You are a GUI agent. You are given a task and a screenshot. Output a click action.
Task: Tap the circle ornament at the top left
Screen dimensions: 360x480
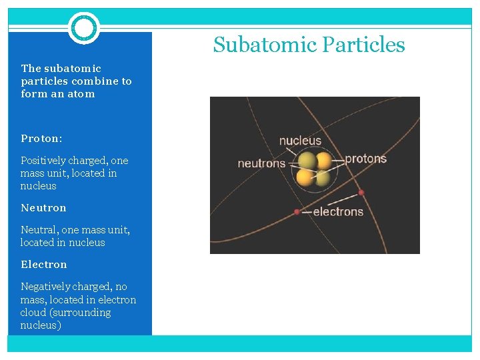84,28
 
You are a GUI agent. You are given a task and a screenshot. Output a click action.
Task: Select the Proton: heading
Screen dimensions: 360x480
41,139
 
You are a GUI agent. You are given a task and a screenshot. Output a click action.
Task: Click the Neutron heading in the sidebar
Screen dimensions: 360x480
43,208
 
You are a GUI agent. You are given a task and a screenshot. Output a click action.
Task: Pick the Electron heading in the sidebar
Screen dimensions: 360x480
44,265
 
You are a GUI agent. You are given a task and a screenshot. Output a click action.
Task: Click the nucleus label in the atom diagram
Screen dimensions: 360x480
300,141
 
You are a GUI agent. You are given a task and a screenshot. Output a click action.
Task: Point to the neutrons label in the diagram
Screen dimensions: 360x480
261,163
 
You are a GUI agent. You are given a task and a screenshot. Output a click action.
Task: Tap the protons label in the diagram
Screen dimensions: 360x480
365,159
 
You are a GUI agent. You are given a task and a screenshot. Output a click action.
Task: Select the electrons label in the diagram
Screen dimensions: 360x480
338,212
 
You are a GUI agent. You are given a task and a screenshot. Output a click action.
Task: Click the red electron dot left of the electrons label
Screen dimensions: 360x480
297,212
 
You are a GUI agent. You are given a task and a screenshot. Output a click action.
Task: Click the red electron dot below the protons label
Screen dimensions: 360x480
361,193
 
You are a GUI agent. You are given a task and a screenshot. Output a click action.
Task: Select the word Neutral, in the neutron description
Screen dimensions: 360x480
38,230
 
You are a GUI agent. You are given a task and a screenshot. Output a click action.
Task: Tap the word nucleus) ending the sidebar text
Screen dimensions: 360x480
41,325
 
